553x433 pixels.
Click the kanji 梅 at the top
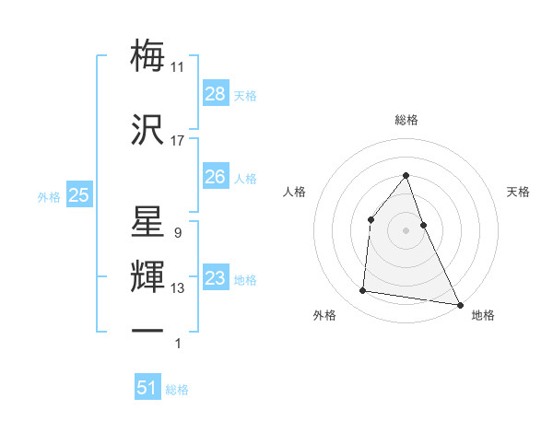148,56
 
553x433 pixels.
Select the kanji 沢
148,131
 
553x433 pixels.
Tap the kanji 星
148,223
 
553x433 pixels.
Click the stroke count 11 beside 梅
178,67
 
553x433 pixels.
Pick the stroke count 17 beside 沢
178,141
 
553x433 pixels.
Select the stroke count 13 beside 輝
178,288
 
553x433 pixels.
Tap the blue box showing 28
216,94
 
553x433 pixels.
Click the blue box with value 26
216,177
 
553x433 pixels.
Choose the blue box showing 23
216,278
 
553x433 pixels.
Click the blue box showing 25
78,195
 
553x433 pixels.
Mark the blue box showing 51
147,388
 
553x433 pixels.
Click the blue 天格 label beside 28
245,95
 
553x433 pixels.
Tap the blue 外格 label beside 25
49,196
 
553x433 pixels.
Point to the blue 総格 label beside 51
177,389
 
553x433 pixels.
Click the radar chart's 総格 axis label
406,120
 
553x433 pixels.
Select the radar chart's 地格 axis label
483,315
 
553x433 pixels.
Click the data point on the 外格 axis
363,291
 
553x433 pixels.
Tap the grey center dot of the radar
406,229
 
